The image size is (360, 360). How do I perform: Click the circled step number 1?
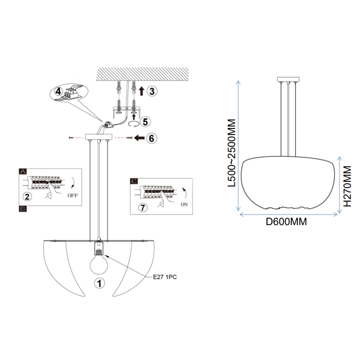100,283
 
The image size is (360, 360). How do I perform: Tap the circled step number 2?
27,197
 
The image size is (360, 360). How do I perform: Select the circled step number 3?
152,91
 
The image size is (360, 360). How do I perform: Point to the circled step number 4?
58,91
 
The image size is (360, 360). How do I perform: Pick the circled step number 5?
146,122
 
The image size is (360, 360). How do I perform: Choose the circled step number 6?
152,138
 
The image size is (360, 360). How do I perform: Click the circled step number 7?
143,208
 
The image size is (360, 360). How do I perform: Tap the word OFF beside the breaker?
72,196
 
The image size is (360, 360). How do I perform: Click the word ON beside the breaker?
184,204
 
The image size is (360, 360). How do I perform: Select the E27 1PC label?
165,277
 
